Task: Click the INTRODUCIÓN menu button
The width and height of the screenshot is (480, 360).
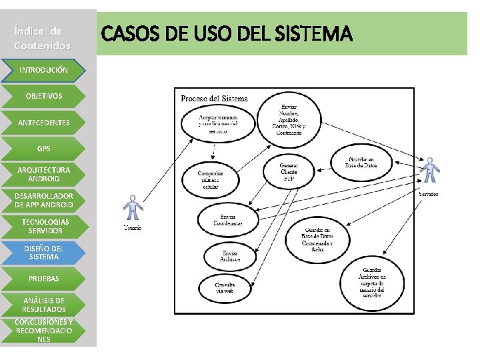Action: pos(43,70)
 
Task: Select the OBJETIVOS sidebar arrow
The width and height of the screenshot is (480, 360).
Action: pos(43,96)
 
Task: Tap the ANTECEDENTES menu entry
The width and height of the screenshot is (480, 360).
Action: pos(43,123)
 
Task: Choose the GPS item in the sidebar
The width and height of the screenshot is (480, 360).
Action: pos(43,149)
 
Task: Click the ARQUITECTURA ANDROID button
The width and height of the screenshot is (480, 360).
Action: pos(43,174)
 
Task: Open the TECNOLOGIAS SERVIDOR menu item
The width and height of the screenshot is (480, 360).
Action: pos(43,226)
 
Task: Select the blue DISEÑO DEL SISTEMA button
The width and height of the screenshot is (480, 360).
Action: pos(43,252)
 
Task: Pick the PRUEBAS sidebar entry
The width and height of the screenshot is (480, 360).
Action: pos(43,279)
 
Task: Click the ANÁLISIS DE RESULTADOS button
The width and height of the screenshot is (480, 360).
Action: pos(43,305)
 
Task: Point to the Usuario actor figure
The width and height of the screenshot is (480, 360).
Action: pos(133,208)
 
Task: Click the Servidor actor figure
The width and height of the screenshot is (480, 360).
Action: pos(430,170)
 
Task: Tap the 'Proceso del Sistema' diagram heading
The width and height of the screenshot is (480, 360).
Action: pos(214,99)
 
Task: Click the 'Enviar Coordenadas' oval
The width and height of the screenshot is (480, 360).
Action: pos(227,219)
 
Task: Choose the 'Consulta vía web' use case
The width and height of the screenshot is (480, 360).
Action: pos(225,288)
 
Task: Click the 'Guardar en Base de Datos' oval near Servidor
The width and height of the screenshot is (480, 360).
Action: pos(362,163)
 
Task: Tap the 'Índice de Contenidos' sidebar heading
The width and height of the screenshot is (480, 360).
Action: pos(42,39)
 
